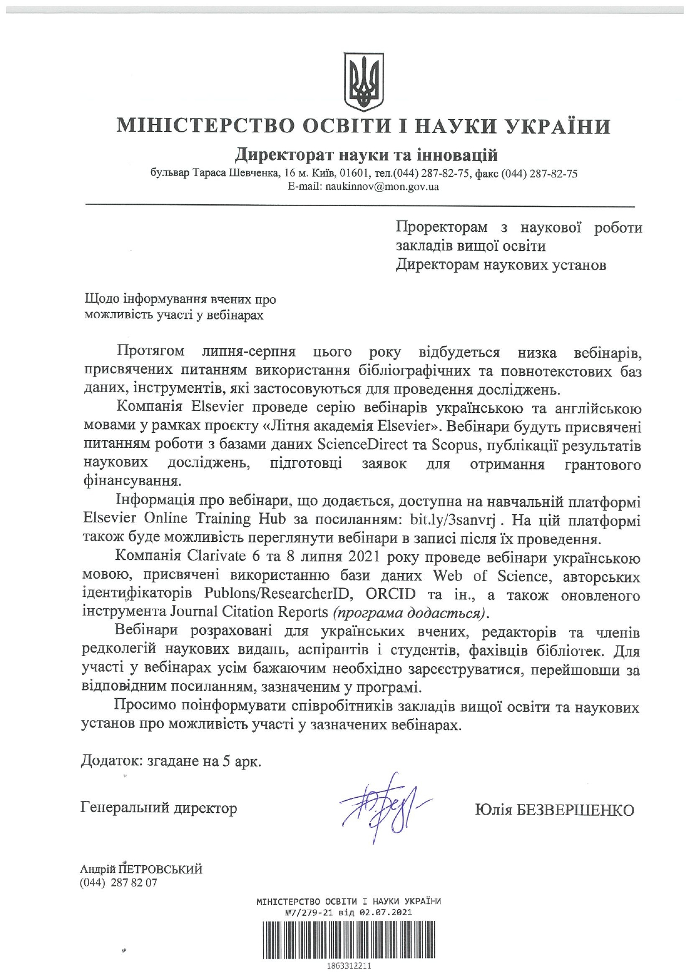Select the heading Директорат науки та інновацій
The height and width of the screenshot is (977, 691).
(366, 154)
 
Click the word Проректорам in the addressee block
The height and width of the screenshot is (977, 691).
(442, 228)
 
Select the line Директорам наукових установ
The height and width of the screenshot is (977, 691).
(501, 265)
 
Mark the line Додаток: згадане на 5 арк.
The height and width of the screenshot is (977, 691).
(171, 761)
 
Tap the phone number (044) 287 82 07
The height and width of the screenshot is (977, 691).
(119, 882)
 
